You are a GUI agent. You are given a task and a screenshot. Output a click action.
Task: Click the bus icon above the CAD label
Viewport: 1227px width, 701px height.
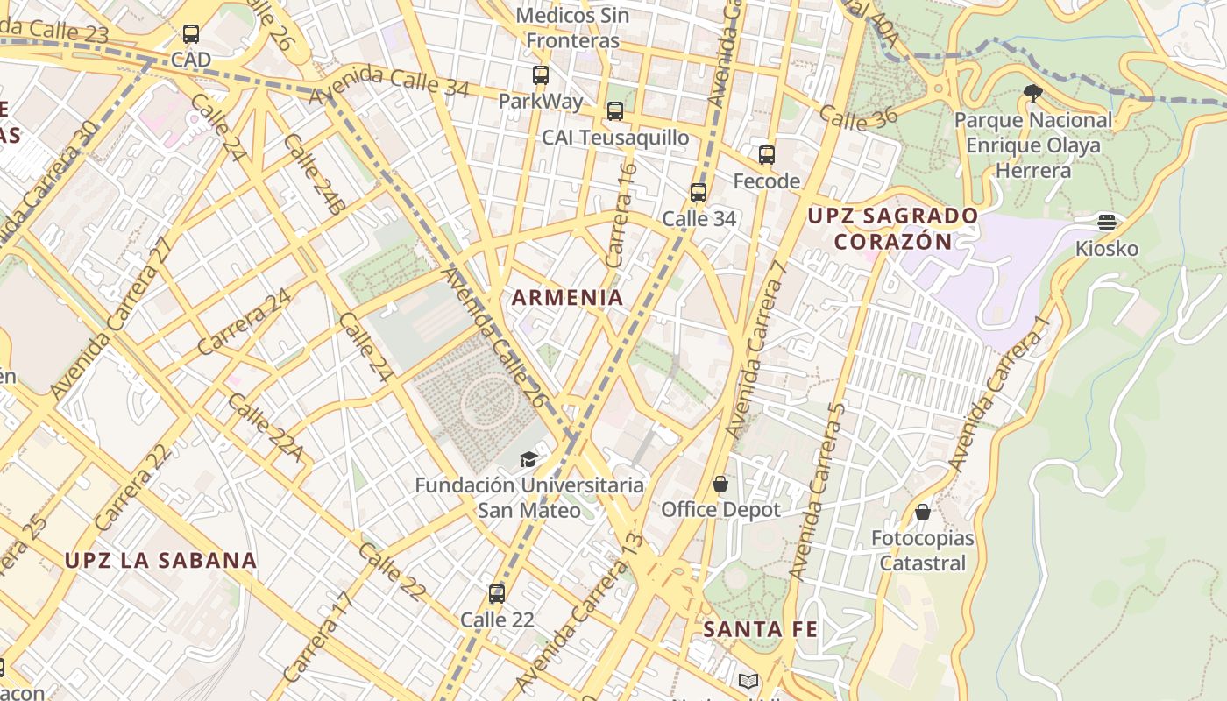(190, 34)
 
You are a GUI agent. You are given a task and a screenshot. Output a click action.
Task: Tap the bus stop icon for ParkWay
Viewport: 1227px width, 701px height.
(541, 75)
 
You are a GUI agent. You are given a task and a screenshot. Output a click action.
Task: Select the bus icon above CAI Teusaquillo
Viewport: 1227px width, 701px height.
(615, 111)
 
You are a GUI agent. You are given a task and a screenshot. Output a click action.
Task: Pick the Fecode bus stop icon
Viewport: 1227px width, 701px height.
(767, 155)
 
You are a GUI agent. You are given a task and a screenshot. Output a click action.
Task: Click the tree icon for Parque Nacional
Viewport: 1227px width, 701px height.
(1033, 93)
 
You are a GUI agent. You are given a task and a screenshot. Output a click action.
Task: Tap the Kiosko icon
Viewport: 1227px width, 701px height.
(1107, 223)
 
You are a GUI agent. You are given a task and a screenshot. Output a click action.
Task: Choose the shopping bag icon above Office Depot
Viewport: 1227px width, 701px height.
(720, 484)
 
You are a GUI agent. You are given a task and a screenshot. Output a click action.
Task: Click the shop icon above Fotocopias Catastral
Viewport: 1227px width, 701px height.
(923, 512)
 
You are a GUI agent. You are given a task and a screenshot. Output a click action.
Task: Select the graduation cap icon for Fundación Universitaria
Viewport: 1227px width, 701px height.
(528, 459)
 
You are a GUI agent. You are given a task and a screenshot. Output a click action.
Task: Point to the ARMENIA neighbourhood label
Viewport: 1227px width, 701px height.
(568, 298)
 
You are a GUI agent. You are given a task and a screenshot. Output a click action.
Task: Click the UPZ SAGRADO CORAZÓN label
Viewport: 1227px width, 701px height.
(893, 229)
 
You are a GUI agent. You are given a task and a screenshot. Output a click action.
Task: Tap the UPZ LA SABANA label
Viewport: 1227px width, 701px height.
(161, 561)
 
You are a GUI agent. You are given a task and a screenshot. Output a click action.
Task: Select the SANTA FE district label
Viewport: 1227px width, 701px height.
(761, 629)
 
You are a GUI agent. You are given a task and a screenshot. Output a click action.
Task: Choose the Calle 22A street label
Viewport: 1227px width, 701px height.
(265, 427)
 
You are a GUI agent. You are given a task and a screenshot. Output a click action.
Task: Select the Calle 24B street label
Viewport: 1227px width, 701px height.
(312, 175)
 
